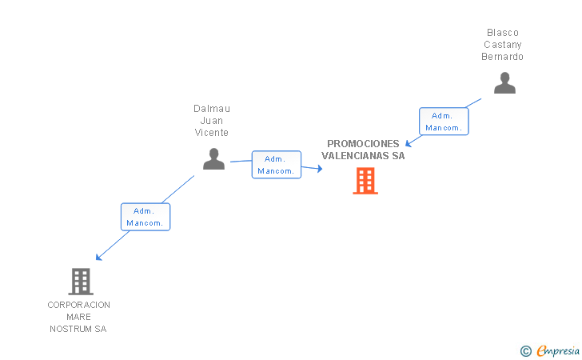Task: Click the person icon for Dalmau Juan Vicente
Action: click(213, 159)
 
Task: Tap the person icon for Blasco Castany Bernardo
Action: click(504, 83)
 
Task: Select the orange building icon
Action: click(365, 181)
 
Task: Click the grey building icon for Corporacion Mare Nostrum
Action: click(81, 282)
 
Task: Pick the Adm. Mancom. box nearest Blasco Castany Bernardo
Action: click(444, 122)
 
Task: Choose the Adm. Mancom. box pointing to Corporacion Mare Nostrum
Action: click(145, 217)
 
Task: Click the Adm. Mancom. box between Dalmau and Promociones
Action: click(277, 165)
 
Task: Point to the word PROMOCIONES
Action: click(363, 144)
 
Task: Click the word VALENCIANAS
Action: click(350, 156)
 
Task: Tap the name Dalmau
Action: click(212, 109)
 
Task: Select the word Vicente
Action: click(212, 133)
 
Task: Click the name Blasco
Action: click(503, 33)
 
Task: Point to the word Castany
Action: click(503, 45)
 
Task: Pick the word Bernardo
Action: click(503, 57)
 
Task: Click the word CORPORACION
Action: click(79, 305)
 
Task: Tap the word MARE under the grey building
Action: click(79, 317)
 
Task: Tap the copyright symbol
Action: click(525, 350)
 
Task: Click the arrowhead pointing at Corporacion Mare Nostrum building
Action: click(98, 257)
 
